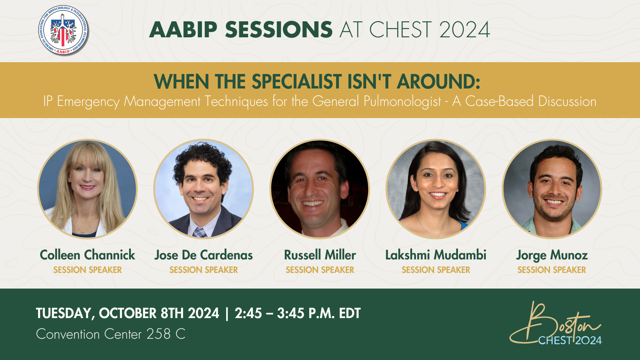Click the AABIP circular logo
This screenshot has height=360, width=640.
click(64, 30)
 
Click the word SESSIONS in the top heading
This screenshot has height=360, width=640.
click(279, 29)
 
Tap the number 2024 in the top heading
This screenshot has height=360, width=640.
click(464, 29)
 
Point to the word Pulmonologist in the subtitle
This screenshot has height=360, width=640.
click(402, 102)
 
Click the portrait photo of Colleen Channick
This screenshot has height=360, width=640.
click(87, 189)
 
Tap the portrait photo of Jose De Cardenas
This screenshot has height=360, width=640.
click(203, 189)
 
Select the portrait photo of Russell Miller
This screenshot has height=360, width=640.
click(320, 189)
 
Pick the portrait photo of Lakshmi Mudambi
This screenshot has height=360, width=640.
click(436, 189)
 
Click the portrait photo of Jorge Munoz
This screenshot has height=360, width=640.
click(552, 189)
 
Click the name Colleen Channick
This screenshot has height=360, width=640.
click(87, 255)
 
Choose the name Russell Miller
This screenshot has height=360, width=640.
click(320, 255)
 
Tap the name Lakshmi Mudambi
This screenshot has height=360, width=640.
click(436, 255)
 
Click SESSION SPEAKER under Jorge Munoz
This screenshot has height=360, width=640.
click(552, 270)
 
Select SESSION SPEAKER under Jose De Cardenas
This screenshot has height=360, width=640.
click(204, 270)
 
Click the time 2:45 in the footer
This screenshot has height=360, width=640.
click(248, 313)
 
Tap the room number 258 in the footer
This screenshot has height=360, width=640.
click(159, 334)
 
